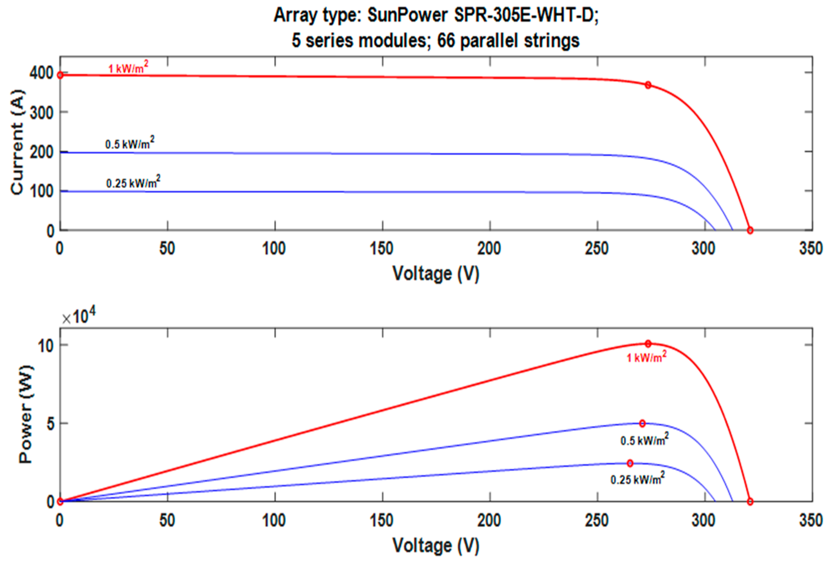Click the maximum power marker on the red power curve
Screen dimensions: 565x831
(x=648, y=344)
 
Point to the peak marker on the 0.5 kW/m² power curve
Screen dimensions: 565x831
(x=642, y=424)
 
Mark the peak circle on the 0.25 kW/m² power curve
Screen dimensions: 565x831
(x=630, y=463)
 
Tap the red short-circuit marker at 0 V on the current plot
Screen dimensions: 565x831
(x=60, y=75)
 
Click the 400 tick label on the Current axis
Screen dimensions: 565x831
(x=42, y=74)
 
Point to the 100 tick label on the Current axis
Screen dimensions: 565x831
(x=42, y=191)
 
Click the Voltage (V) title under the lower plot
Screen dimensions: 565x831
(x=436, y=546)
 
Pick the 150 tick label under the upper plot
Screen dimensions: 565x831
(x=382, y=248)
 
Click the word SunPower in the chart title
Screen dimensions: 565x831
(x=407, y=15)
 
